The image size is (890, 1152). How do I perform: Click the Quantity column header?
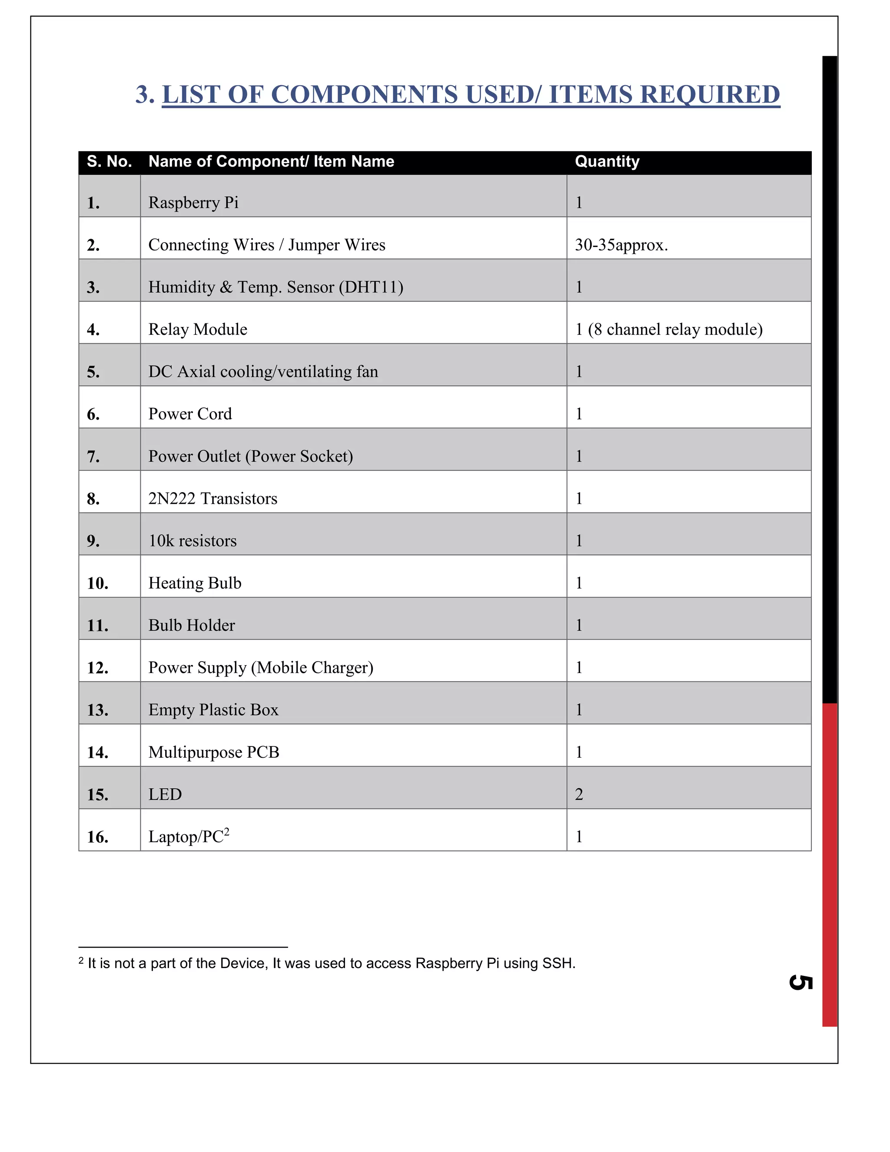point(607,161)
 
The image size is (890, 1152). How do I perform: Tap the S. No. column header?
point(109,161)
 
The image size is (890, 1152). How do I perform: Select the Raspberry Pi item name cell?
point(193,203)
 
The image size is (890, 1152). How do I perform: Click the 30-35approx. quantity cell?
point(621,245)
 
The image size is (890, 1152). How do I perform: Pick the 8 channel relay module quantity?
point(668,329)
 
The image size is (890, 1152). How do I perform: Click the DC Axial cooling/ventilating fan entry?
point(263,371)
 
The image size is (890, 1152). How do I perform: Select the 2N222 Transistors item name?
point(213,499)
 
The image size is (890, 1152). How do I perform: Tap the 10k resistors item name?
point(193,541)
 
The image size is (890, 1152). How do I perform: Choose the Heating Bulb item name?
point(195,583)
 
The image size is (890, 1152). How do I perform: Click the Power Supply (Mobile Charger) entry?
point(260,667)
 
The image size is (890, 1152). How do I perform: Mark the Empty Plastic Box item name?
point(213,709)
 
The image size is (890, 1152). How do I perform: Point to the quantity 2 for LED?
point(579,794)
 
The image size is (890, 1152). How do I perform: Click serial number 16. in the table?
point(97,836)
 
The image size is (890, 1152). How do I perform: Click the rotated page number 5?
point(800,982)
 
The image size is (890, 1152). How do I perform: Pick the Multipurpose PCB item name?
point(213,752)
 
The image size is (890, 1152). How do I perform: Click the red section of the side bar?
point(829,865)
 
